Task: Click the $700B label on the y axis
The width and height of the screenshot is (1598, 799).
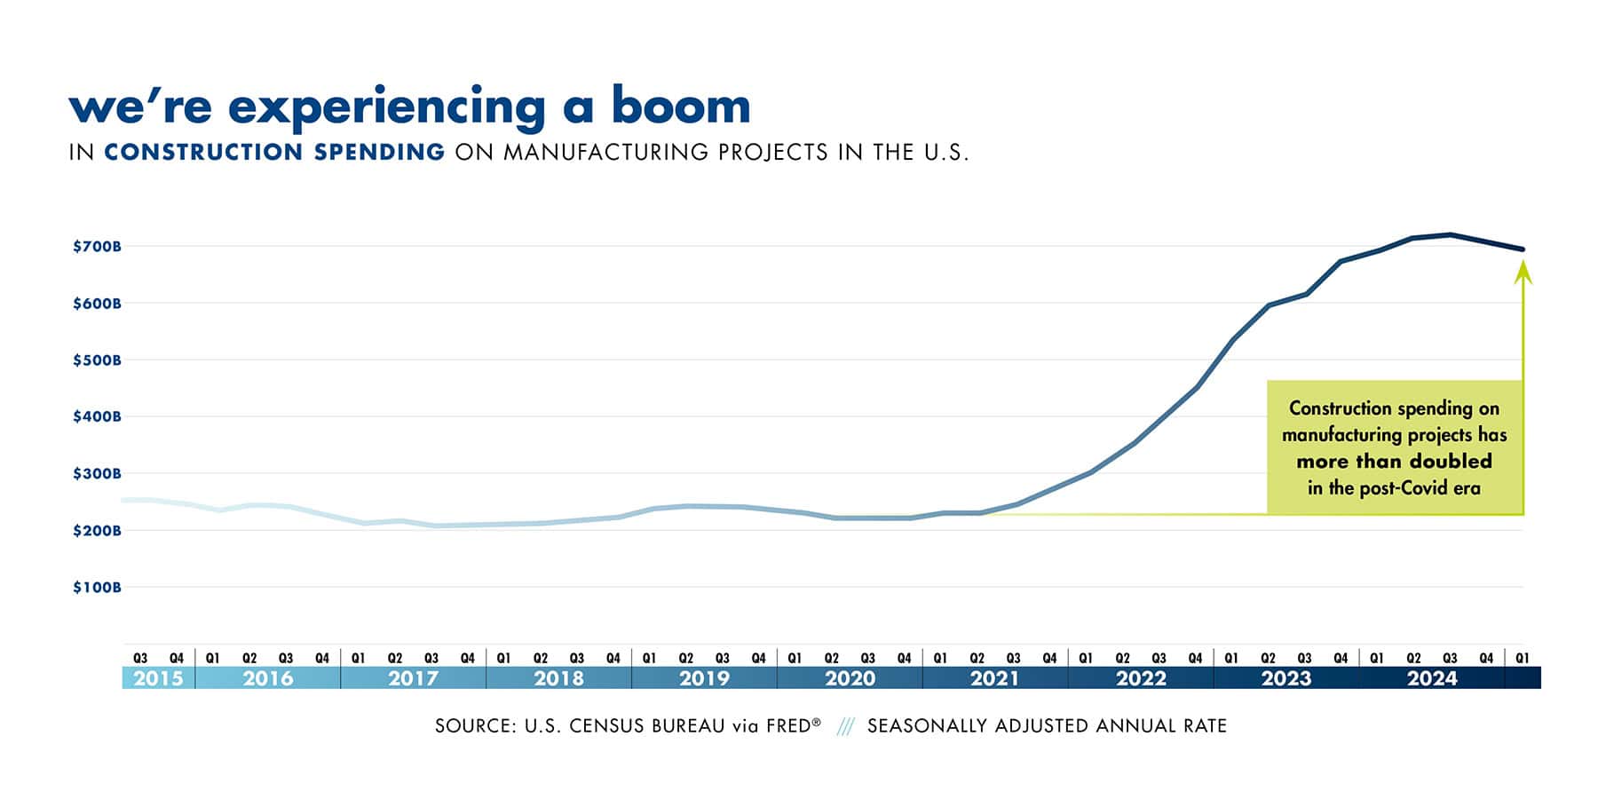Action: click(97, 246)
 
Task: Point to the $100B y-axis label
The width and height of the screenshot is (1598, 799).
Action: click(97, 588)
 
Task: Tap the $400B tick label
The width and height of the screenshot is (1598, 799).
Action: click(97, 416)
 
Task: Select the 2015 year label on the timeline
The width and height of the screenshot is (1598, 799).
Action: click(158, 679)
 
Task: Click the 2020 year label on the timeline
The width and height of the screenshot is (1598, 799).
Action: click(850, 679)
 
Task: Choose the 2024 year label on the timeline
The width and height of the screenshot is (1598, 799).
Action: click(1432, 679)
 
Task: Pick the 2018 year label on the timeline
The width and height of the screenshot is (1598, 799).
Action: click(558, 679)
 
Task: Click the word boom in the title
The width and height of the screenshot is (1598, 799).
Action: click(681, 106)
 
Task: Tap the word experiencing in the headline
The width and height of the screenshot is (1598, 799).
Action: click(386, 108)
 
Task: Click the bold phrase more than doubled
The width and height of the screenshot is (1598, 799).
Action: click(1394, 462)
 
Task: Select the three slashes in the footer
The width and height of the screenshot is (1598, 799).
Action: click(845, 727)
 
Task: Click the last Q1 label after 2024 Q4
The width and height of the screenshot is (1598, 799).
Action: click(1523, 659)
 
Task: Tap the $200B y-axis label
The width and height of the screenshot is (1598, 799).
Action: click(97, 531)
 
